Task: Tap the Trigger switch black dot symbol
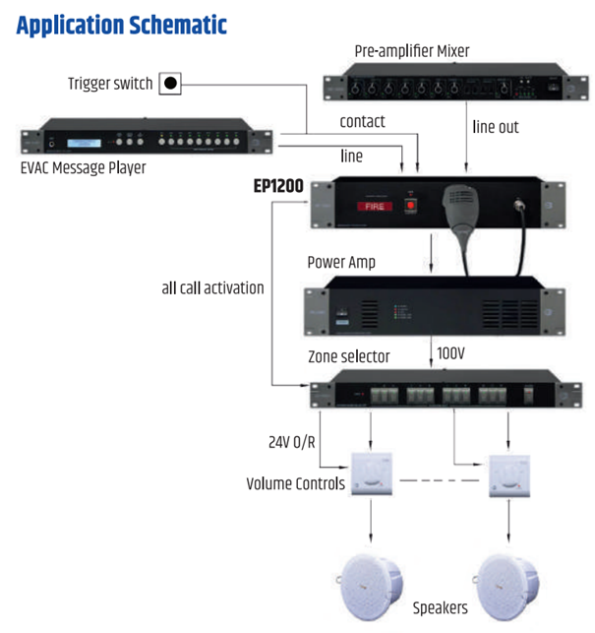(170, 84)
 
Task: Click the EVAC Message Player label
(83, 168)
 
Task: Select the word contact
(362, 122)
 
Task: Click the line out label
(496, 127)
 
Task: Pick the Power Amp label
(340, 263)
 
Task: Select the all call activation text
(213, 288)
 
